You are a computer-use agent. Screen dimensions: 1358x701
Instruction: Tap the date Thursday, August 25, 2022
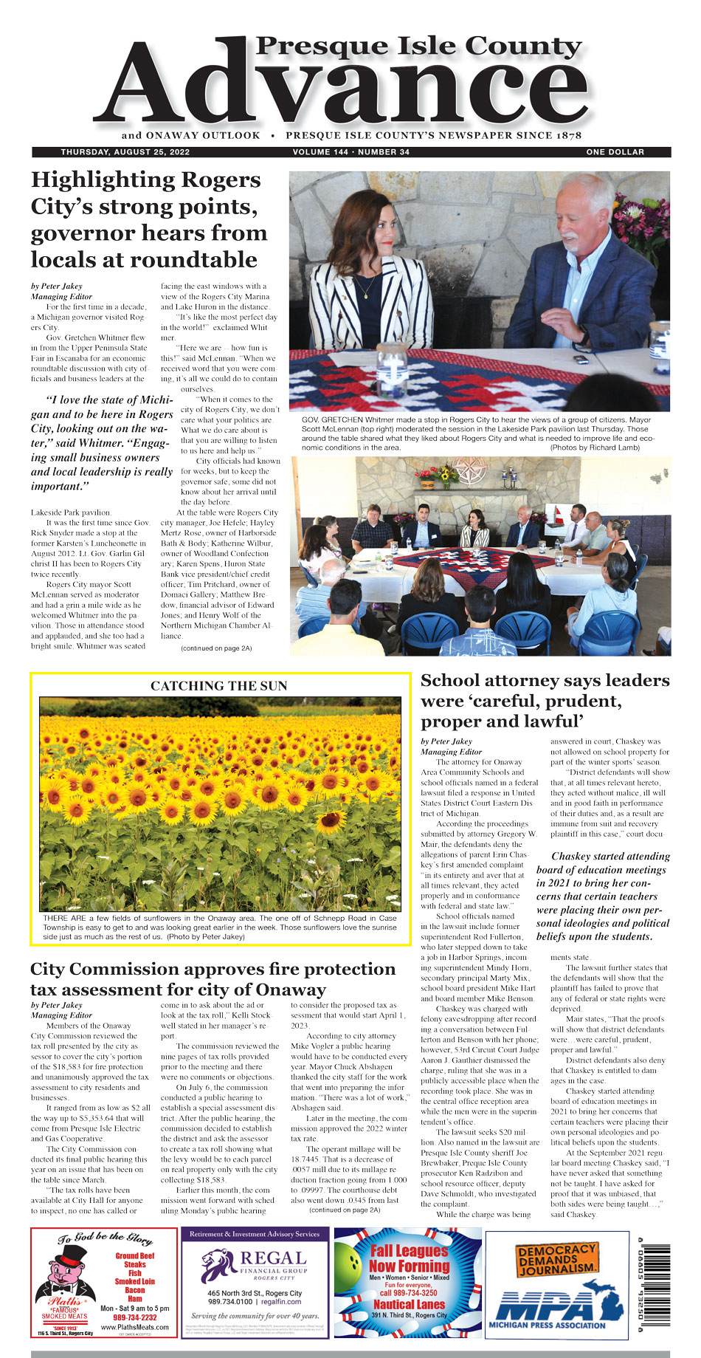(x=125, y=152)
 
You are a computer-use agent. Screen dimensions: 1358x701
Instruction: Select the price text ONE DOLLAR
(x=615, y=152)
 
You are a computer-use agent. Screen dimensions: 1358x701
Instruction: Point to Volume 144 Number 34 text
(x=350, y=152)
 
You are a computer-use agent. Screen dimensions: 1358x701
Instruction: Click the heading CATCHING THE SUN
(x=218, y=686)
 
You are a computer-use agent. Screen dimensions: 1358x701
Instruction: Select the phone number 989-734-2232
(x=134, y=1317)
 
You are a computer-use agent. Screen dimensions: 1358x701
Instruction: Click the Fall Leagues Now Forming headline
(x=409, y=1258)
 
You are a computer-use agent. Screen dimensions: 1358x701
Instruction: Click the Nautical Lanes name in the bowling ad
(x=409, y=1304)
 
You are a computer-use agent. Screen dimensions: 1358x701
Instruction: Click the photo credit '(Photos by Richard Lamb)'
(x=595, y=447)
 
